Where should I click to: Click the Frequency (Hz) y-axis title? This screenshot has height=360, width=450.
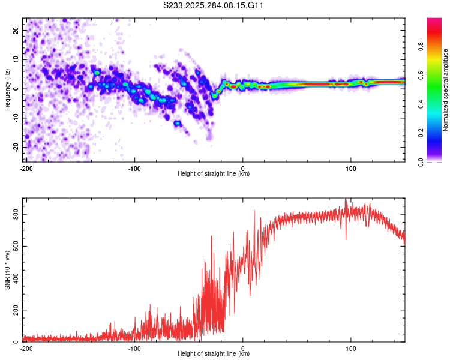[x=7, y=89]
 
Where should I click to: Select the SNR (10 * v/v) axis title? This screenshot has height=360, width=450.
[x=7, y=269]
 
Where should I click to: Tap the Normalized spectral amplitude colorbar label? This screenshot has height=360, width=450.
[x=446, y=90]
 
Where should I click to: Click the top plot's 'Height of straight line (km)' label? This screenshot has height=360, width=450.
[x=214, y=173]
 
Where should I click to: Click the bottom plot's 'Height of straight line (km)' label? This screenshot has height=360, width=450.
[x=214, y=353]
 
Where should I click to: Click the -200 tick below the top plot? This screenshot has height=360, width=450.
[x=26, y=168]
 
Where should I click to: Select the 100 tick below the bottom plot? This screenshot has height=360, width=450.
[x=351, y=348]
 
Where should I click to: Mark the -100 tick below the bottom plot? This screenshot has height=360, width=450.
[x=134, y=348]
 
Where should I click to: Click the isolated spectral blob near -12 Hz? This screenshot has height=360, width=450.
[x=178, y=123]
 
